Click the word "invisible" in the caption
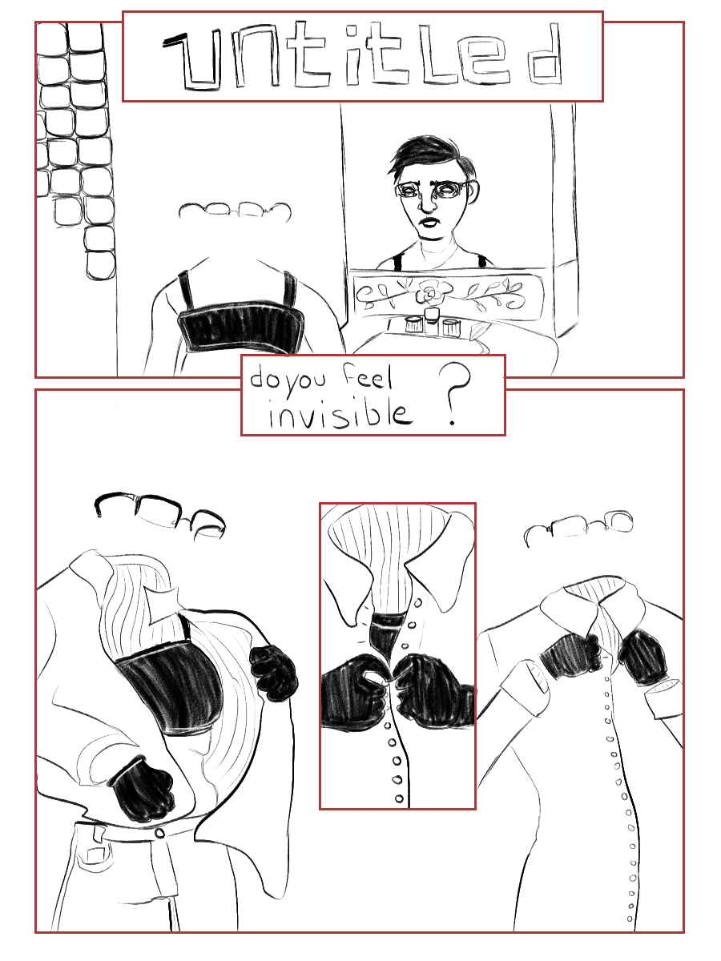tap(340, 413)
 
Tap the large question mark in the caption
tap(454, 394)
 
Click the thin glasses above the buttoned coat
tap(578, 527)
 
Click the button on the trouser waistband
tap(159, 833)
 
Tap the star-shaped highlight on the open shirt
tap(162, 604)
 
